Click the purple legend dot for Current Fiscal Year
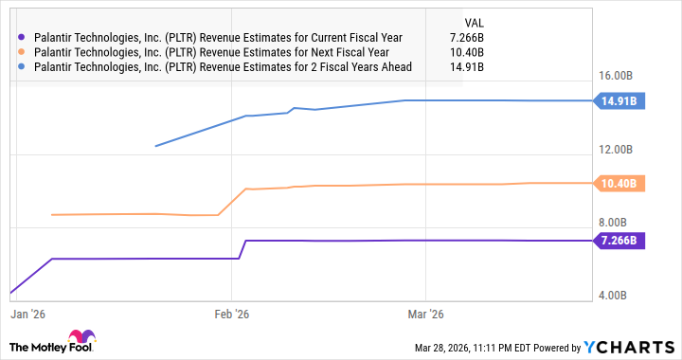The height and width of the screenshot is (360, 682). (x=22, y=37)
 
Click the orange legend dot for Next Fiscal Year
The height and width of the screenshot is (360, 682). (x=22, y=52)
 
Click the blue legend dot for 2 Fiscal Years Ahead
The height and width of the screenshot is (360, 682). (x=22, y=67)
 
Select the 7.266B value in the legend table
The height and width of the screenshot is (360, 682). (x=466, y=37)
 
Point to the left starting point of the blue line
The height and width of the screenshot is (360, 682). (x=155, y=146)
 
